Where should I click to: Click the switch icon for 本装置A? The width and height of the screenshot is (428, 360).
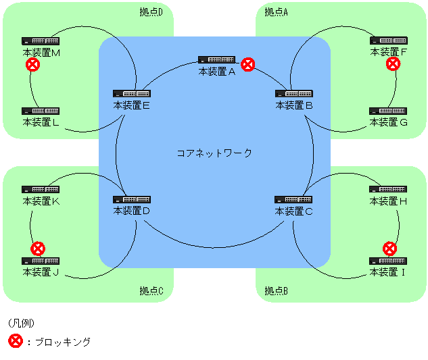point(216,60)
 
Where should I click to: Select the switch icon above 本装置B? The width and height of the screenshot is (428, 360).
point(293,93)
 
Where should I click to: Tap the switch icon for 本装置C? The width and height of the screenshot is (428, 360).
point(293,200)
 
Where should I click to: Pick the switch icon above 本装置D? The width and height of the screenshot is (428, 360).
point(132,200)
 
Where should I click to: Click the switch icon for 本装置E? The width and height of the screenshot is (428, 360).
point(132,93)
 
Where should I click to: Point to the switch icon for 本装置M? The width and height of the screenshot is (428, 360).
point(41,41)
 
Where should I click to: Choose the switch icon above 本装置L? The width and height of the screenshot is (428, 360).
point(41,111)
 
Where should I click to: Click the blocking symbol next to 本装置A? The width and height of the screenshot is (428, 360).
point(249,64)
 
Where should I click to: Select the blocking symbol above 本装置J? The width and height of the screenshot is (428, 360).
point(39,248)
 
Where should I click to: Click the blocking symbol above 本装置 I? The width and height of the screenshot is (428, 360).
point(389,248)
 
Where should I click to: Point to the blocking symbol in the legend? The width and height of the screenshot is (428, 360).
point(15,341)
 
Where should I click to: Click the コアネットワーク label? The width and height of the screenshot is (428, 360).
point(214,153)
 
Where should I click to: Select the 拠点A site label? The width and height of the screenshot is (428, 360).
point(277,11)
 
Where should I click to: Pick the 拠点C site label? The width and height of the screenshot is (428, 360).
point(152,291)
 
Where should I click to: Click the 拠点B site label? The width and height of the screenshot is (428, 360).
point(277,291)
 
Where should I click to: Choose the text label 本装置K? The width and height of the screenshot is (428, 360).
point(42,201)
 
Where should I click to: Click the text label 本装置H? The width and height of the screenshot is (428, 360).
point(388,201)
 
